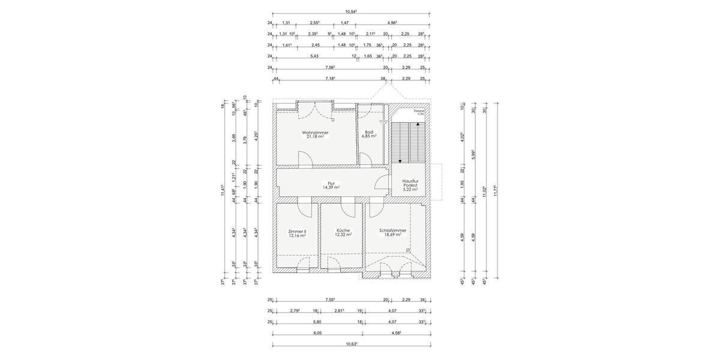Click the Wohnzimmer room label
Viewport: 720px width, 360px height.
[315, 133]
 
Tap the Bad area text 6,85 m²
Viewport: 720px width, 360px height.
[369, 136]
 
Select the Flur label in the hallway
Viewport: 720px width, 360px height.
[331, 184]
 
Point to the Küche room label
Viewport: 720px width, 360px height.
[343, 230]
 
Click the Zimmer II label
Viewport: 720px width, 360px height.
[297, 232]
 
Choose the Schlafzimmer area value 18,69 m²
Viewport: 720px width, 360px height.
[393, 235]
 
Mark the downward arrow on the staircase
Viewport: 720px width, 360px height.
[401, 160]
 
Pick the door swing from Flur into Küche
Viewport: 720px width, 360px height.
[347, 209]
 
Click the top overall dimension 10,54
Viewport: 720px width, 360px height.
[351, 11]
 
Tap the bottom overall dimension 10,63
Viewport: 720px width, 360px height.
[351, 344]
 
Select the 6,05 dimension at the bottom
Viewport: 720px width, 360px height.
[317, 332]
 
